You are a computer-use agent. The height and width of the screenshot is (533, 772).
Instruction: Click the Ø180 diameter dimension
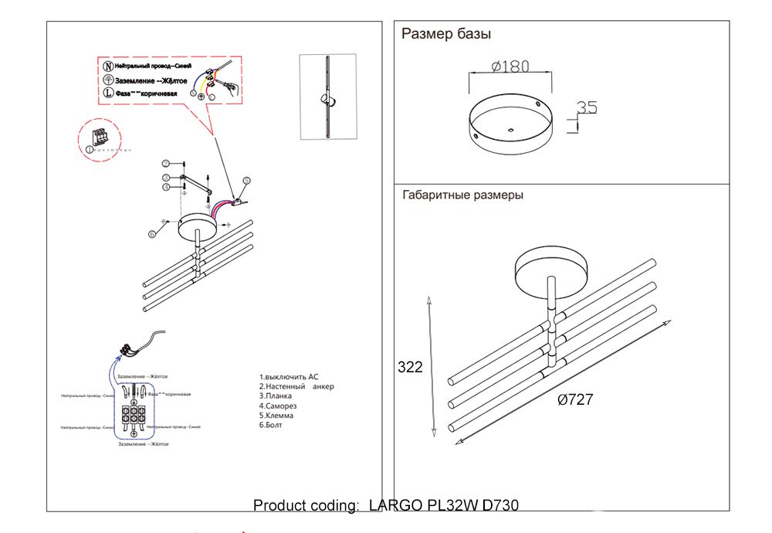510,66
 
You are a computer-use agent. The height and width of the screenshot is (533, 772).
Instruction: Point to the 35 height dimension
587,108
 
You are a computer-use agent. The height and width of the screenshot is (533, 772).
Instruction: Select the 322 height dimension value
410,368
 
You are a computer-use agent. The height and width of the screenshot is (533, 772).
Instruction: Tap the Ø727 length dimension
574,399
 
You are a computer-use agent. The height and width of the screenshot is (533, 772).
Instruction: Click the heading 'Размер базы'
446,34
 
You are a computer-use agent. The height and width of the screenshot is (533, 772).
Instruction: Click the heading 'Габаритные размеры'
462,195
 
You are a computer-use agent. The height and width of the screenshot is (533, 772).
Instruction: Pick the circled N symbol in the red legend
108,67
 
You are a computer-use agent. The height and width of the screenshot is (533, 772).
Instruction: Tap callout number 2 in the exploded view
165,163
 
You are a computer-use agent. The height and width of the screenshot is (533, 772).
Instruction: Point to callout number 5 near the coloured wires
246,181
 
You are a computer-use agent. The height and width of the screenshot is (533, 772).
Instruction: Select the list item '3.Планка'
276,396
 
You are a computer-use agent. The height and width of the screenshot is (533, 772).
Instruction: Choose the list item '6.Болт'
271,425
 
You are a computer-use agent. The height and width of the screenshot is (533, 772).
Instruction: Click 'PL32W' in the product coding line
452,506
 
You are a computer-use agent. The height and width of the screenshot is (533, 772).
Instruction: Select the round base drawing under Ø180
510,124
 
